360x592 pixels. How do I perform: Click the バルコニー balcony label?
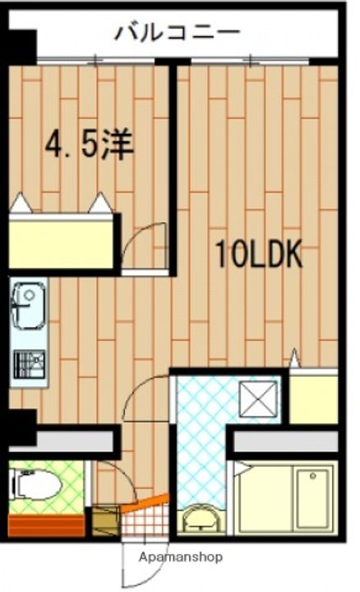point(177,33)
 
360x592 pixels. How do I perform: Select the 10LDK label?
point(259,254)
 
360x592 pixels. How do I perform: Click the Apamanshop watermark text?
point(181,557)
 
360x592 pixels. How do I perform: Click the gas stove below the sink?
point(28,362)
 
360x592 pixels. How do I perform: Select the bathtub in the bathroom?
point(284,497)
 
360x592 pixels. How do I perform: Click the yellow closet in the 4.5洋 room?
point(62,243)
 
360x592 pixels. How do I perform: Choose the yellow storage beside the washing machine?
point(313,397)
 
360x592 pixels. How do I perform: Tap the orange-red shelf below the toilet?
point(45,523)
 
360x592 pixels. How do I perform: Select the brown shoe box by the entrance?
point(105,521)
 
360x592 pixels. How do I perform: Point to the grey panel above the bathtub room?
point(284,443)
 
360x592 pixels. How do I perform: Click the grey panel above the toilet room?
point(62,442)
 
